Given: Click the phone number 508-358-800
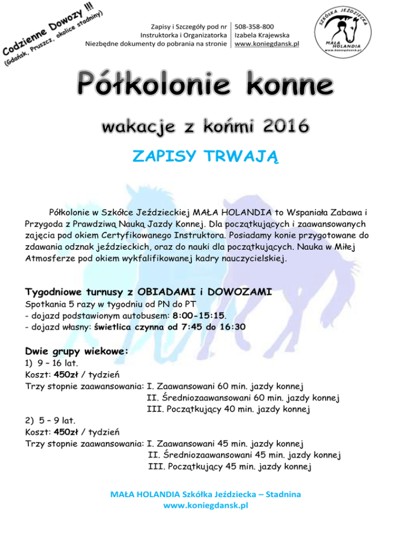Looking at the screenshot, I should (255, 26).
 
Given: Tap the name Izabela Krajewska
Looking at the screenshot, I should (262, 35).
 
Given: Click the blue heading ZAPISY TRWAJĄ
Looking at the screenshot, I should (205, 156).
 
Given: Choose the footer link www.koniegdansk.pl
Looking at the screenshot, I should (205, 505).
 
